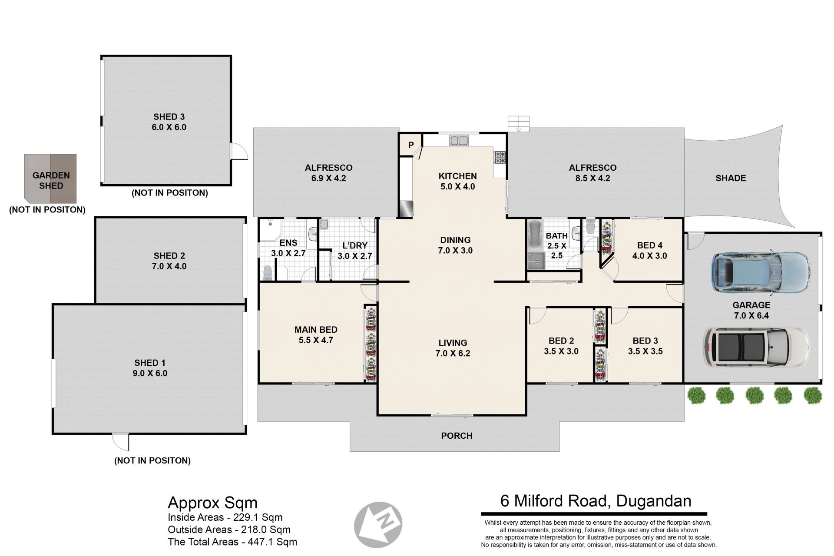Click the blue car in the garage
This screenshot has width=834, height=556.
click(x=761, y=272)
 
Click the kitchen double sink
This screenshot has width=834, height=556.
click(x=459, y=140)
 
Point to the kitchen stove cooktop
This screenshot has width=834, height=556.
click(x=500, y=157)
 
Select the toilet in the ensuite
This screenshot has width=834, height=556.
click(x=268, y=273)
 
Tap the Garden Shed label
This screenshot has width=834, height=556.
click(x=51, y=181)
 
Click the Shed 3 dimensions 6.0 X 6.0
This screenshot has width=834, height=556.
click(x=169, y=127)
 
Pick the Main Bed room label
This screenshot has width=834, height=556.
click(x=316, y=330)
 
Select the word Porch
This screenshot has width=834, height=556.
click(x=457, y=436)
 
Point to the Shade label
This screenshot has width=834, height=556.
click(x=731, y=178)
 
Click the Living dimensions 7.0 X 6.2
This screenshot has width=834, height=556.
click(x=453, y=353)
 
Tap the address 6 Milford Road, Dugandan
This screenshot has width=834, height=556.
click(x=596, y=501)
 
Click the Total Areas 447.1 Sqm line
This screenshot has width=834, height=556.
click(x=232, y=542)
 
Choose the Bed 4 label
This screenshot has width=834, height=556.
click(x=649, y=245)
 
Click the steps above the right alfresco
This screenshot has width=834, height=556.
click(x=519, y=124)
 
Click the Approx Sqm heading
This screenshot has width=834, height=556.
click(x=212, y=503)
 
